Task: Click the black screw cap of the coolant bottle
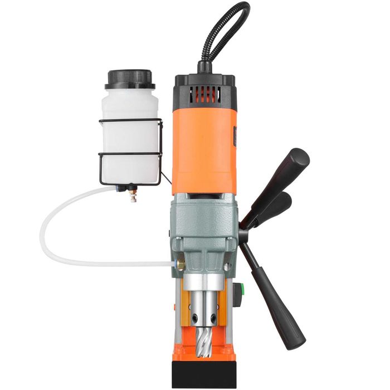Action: (130, 79)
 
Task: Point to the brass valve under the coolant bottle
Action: (133, 195)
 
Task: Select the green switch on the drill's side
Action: (241, 290)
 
